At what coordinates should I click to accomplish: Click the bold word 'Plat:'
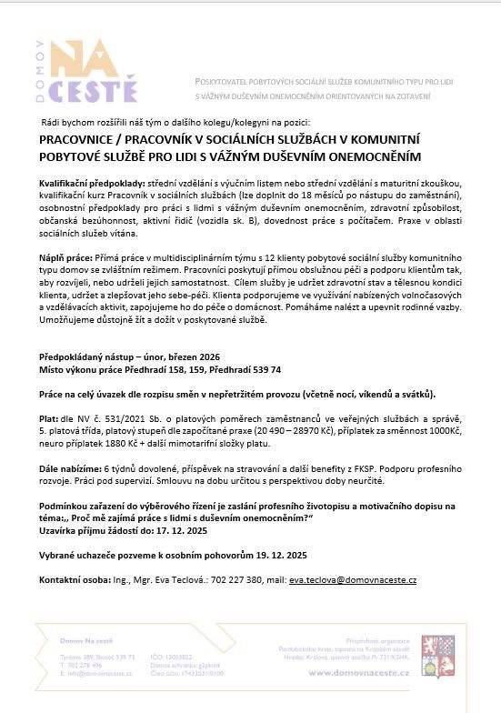tap(50, 420)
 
